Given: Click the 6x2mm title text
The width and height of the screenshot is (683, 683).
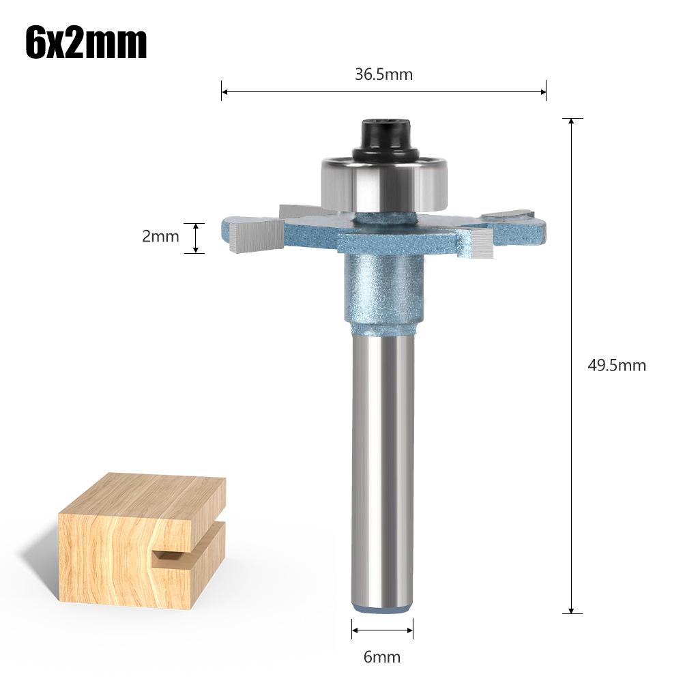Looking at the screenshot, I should [x=86, y=43].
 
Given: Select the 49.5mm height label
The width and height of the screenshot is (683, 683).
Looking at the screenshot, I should [x=616, y=365].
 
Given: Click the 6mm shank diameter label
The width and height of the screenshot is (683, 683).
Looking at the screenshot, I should [x=382, y=657].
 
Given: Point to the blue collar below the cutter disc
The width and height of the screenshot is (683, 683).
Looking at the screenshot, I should [x=382, y=287].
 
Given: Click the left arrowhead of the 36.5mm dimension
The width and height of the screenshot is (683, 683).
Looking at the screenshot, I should [x=224, y=90].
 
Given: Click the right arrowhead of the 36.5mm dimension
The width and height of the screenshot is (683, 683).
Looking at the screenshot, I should [x=543, y=90].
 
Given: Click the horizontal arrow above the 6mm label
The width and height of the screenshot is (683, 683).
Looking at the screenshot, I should [x=382, y=629].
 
